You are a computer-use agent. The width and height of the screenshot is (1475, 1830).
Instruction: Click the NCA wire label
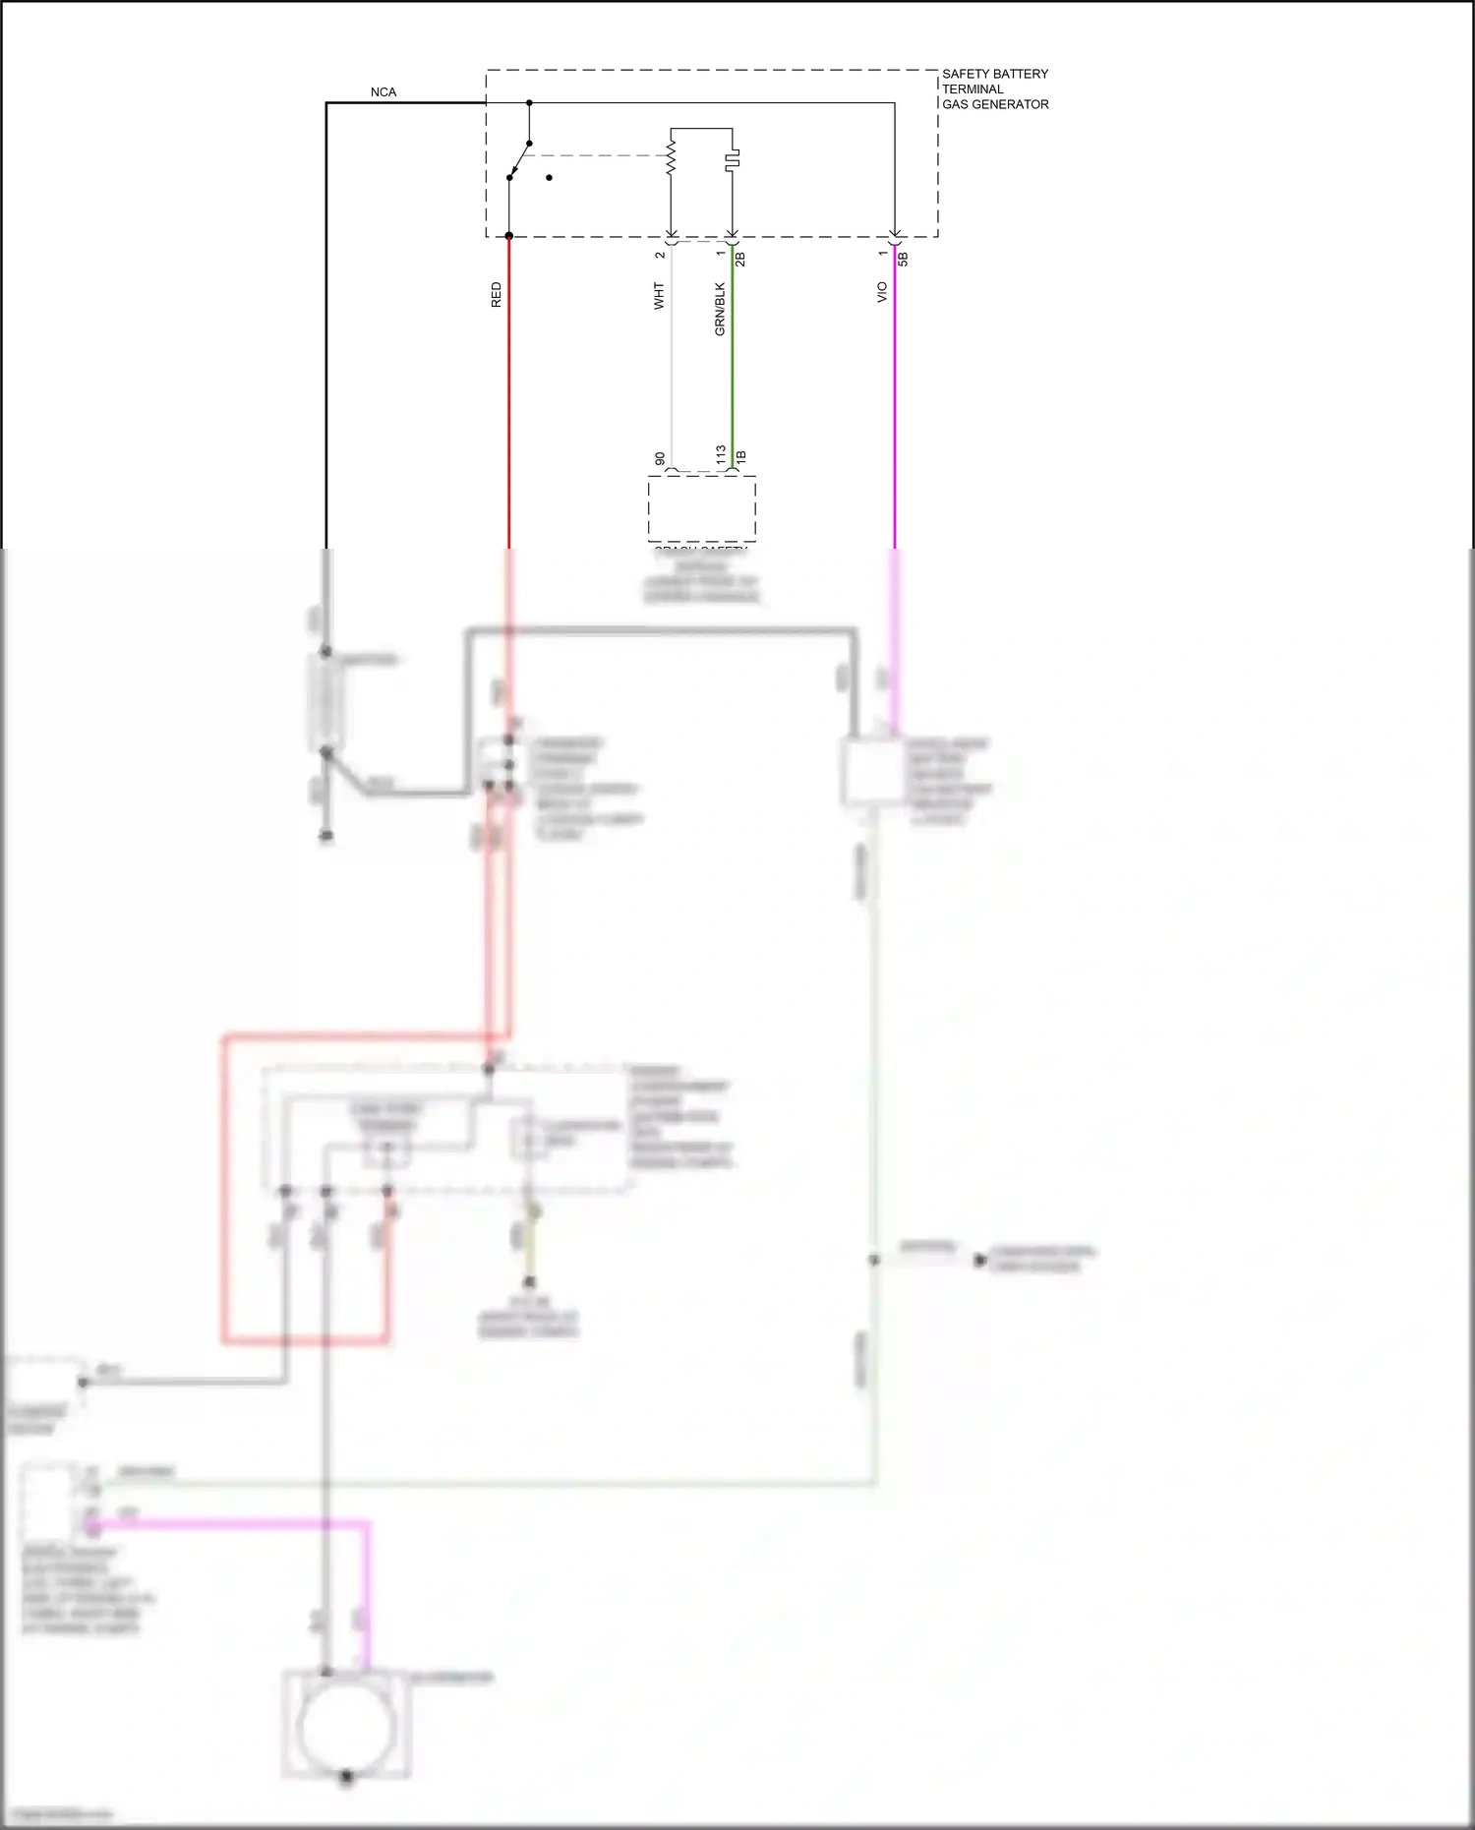coord(383,92)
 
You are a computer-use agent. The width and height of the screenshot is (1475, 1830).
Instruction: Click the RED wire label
coord(496,295)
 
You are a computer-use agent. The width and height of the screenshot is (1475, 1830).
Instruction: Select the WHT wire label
coord(659,296)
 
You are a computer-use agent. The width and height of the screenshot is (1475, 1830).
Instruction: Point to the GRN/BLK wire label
coord(720,310)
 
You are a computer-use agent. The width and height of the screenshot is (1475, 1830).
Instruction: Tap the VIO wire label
coord(882,292)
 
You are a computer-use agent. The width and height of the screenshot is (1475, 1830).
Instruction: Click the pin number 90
coord(660,459)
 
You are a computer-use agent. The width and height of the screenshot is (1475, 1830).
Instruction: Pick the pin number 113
coord(721,454)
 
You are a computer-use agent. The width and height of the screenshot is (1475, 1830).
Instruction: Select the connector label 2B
coord(741,259)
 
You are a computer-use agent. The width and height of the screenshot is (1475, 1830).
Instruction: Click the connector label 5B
coord(903,259)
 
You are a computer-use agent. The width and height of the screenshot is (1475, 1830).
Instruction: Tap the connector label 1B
coord(741,457)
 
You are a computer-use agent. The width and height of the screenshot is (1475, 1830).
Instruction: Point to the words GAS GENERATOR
coord(995,104)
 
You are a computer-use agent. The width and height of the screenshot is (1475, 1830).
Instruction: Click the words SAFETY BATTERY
coord(995,74)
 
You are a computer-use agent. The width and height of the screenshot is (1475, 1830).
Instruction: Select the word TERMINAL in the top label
coord(973,89)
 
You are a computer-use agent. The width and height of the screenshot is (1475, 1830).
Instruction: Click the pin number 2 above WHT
coord(660,255)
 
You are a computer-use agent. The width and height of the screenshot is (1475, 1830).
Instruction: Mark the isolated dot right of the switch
coord(549,178)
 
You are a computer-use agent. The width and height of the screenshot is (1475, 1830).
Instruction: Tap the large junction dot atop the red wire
coord(508,236)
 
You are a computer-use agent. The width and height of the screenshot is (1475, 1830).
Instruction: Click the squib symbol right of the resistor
coord(733,159)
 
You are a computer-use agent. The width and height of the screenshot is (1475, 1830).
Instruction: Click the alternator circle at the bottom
coord(345,1726)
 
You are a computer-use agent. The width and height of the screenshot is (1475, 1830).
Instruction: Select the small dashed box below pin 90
coord(701,507)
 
